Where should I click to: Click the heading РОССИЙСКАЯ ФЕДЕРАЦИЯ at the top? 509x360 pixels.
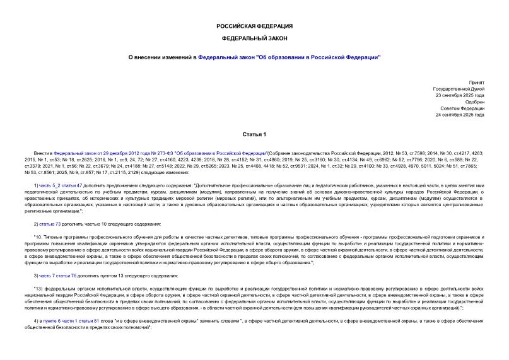click(x=254, y=26)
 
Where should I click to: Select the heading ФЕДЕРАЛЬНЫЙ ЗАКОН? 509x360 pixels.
click(x=254, y=38)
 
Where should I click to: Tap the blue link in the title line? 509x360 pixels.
click(x=289, y=57)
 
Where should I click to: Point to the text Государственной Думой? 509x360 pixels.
click(x=459, y=90)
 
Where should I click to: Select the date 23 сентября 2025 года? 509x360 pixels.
click(x=460, y=96)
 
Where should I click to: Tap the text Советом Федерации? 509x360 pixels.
click(x=463, y=108)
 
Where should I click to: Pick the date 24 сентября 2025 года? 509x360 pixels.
click(x=460, y=115)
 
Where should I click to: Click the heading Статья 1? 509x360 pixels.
click(x=254, y=134)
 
